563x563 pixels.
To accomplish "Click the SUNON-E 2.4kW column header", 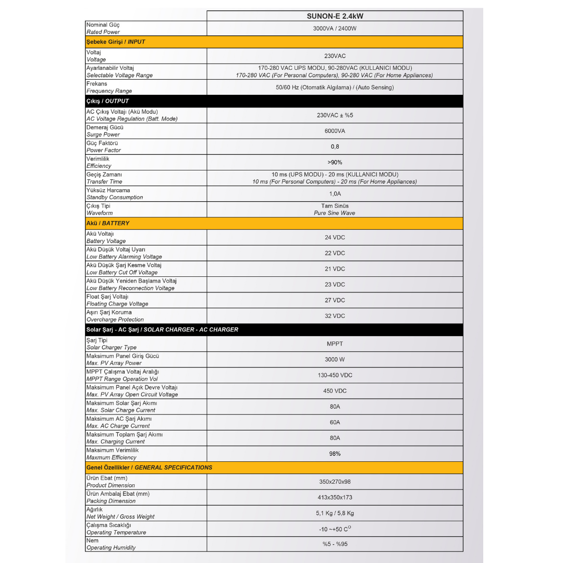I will point(335,16).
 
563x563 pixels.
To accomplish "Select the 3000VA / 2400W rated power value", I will point(335,28).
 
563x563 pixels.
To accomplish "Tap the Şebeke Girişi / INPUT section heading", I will point(116,42).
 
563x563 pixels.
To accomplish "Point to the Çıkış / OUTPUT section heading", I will point(107,101).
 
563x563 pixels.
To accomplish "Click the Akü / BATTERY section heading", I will point(108,223).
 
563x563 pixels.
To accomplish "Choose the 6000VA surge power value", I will point(335,131).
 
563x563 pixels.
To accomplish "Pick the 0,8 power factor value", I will point(335,146).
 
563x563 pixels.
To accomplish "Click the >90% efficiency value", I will point(335,162).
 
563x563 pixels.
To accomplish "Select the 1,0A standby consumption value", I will point(335,193).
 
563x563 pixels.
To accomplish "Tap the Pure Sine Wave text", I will point(335,213).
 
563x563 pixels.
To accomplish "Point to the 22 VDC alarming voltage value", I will point(335,253).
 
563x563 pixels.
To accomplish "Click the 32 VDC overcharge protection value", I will point(335,316).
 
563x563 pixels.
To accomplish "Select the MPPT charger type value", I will point(335,344).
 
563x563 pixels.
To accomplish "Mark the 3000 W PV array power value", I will point(335,359).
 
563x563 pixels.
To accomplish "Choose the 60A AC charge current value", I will point(335,422).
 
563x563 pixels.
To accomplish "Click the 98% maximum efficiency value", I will point(335,454).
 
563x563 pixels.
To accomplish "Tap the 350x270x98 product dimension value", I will point(335,482).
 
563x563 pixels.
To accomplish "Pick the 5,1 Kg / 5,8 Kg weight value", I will point(335,513).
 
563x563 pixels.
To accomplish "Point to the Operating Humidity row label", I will point(111,547).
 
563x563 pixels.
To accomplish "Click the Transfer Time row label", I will point(104,181).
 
